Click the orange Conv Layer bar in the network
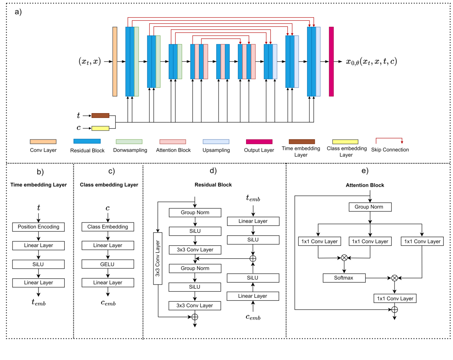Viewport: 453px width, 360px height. pos(115,61)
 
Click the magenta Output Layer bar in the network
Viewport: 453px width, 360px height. pos(331,61)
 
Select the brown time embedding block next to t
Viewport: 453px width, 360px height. pos(100,116)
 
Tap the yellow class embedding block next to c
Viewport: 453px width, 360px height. pos(100,128)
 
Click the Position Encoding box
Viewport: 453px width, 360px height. pos(38,227)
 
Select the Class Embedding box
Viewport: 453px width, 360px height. pos(108,227)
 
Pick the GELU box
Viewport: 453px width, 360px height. pos(108,264)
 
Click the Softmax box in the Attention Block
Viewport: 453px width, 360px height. pos(344,278)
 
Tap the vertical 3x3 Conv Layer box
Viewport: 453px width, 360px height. pos(158,258)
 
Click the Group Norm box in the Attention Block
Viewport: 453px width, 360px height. pos(370,207)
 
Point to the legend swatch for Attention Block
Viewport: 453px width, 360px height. pos(172,142)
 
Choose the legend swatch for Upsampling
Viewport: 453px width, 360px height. pos(216,142)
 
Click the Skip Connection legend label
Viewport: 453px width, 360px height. pos(390,150)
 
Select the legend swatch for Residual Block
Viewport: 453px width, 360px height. pos(87,141)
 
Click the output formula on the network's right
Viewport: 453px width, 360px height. pos(371,61)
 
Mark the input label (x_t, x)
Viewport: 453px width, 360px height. pos(90,61)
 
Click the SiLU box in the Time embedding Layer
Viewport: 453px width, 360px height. pos(38,264)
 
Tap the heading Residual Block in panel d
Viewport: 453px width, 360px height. pos(213,185)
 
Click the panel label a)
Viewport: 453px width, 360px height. pos(18,12)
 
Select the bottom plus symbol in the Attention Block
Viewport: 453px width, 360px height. pos(394,310)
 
